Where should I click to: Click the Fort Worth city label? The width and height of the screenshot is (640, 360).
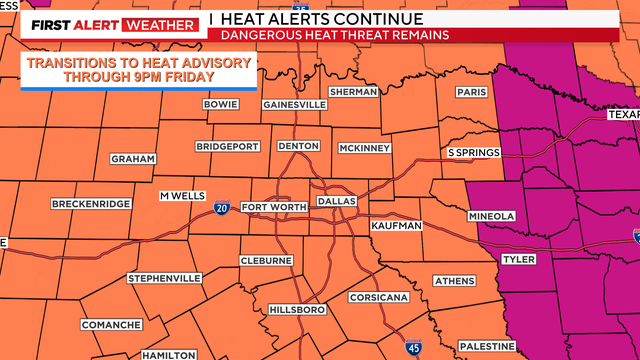[273, 207]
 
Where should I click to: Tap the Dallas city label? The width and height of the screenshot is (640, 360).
[337, 201]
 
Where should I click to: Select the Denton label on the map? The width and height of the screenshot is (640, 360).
[298, 146]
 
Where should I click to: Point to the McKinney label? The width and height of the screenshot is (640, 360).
[364, 148]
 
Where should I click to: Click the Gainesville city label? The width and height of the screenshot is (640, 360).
[295, 104]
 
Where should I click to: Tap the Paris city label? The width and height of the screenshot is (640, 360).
[470, 92]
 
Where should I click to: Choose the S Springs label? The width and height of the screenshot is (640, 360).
[473, 152]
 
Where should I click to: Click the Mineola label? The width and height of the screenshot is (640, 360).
[492, 216]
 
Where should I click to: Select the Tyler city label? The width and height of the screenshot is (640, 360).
[519, 259]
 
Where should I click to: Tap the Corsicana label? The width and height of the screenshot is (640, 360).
[377, 298]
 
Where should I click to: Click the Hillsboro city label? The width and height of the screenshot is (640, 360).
[298, 310]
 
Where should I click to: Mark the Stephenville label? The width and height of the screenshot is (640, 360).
[165, 278]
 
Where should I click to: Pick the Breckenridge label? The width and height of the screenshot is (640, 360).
[91, 204]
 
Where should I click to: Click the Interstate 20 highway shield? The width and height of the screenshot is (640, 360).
[221, 208]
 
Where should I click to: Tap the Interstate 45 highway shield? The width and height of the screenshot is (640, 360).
[414, 347]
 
